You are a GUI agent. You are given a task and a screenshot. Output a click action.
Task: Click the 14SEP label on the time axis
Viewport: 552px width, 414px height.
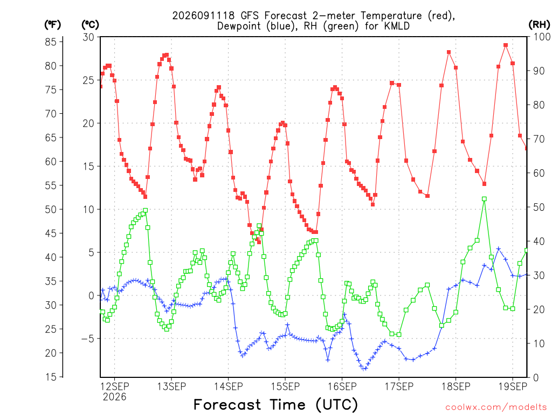point(228,387)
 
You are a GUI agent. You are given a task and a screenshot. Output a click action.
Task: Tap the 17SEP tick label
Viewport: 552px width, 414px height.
point(399,387)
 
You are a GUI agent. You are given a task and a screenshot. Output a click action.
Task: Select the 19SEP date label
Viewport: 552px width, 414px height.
point(513,387)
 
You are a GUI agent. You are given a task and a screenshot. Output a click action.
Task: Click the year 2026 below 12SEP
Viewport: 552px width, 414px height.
point(114,397)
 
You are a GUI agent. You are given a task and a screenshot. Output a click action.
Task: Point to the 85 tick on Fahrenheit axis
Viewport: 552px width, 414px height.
point(51,42)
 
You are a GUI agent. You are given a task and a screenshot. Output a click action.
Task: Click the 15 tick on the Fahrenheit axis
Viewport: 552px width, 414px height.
point(51,377)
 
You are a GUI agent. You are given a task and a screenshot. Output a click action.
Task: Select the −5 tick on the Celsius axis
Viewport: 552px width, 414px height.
point(88,339)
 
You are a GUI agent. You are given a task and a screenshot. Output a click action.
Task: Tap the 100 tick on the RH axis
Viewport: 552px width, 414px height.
point(542,37)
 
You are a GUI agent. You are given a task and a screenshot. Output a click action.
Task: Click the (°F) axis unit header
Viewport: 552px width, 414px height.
point(52,25)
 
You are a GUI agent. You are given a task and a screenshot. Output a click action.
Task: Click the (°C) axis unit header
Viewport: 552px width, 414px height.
point(90,25)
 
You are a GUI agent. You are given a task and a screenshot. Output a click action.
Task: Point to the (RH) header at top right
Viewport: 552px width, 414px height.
point(539,25)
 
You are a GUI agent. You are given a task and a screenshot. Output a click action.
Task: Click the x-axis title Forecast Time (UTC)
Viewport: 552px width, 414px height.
point(275,405)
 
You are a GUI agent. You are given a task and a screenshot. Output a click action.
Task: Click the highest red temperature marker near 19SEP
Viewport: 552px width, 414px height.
point(506,45)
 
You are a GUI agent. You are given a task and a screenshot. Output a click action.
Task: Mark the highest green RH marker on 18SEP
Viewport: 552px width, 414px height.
point(484,199)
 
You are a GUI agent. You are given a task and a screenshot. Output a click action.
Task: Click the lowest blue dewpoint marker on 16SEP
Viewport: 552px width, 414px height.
point(365,369)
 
